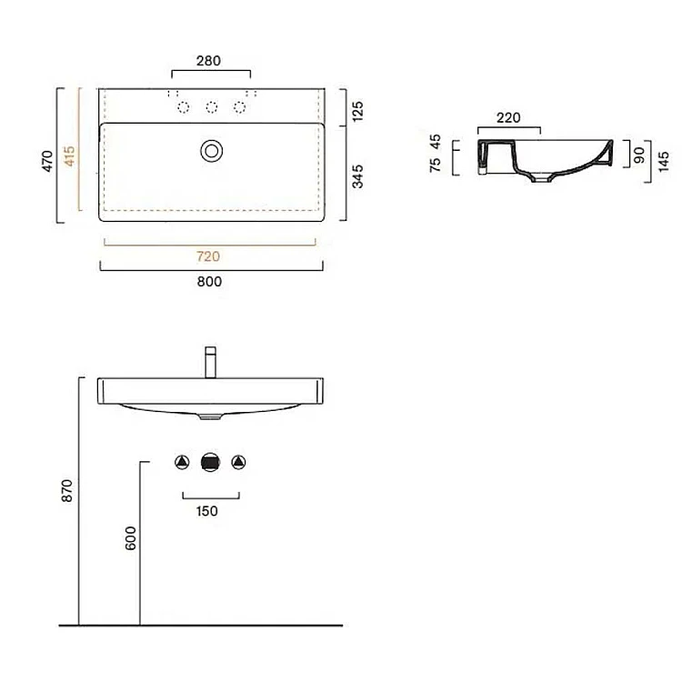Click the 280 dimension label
coord(208,61)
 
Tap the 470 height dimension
coord(47,161)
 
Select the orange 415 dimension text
coord(70,155)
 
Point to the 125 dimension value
coord(357,111)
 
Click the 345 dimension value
coord(357,176)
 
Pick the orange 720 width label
coord(208,256)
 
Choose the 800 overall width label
coord(209,282)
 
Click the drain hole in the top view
coord(212,151)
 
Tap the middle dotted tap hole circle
coord(212,107)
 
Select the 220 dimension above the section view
coord(508,118)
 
